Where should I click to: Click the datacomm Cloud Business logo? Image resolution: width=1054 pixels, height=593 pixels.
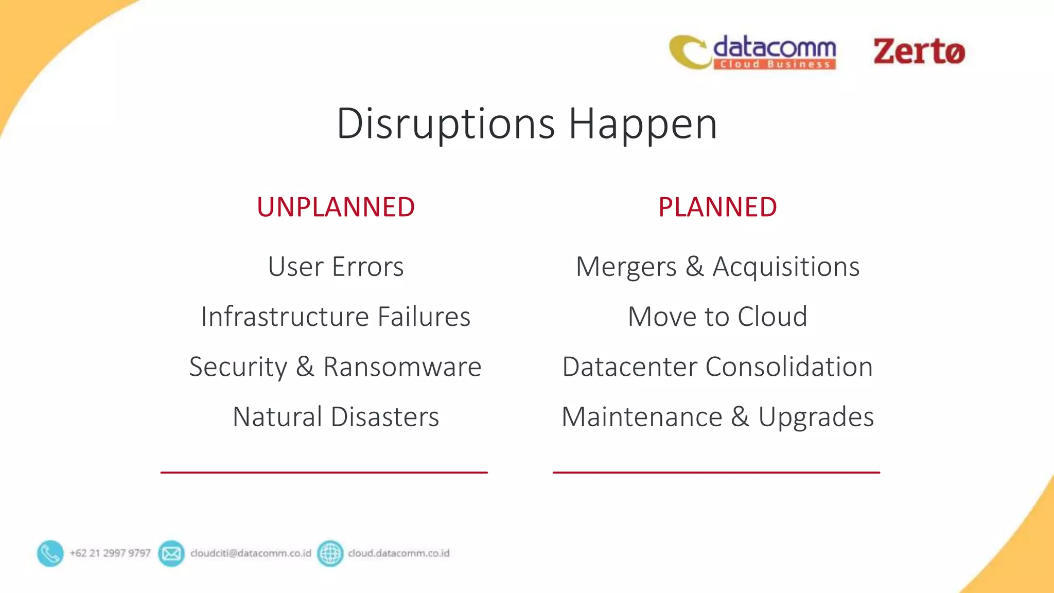[752, 52]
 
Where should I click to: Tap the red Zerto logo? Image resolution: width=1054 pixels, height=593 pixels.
[919, 52]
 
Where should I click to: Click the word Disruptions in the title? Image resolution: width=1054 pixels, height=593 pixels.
[446, 124]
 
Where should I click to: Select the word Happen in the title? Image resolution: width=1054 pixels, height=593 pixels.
[643, 124]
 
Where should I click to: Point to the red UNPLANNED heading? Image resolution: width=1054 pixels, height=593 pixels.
[336, 207]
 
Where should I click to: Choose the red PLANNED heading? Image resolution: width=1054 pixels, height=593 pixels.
[717, 207]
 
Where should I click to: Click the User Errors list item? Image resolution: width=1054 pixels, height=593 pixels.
[336, 267]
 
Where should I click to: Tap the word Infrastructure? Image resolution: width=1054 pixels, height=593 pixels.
[285, 317]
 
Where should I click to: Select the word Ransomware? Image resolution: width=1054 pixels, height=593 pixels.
[402, 367]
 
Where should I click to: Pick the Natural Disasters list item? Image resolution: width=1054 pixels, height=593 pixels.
[336, 416]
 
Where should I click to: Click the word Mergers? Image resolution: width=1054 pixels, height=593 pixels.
[626, 267]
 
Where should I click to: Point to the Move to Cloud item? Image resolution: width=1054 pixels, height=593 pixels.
[717, 317]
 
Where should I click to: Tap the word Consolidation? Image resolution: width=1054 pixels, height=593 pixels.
[789, 367]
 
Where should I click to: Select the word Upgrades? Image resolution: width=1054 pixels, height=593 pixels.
[816, 416]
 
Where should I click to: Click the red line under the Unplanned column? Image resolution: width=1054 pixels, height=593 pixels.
[324, 472]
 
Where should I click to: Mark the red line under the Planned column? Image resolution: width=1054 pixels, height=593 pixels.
[716, 472]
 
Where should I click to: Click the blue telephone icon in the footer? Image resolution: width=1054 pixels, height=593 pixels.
[50, 553]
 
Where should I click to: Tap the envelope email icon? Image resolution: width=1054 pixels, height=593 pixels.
[171, 553]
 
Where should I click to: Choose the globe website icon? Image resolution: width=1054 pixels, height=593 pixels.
[330, 553]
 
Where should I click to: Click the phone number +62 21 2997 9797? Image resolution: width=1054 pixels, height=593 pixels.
[110, 553]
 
